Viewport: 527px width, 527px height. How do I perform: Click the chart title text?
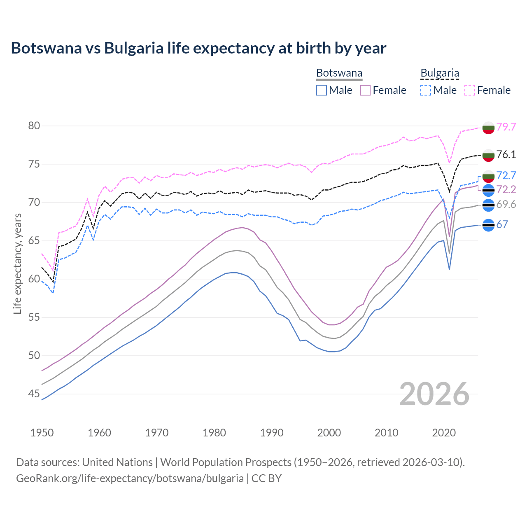click(x=198, y=48)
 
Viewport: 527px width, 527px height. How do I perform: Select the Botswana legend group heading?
click(x=339, y=73)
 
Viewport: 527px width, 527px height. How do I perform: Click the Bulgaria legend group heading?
click(x=440, y=73)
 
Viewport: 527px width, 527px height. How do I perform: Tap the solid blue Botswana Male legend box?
click(x=322, y=90)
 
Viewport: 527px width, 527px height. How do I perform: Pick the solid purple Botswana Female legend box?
click(x=365, y=90)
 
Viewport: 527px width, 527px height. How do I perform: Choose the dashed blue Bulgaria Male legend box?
click(x=426, y=90)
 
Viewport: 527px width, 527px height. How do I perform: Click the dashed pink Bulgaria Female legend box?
click(x=470, y=90)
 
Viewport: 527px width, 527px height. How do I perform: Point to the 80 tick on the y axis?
click(x=34, y=126)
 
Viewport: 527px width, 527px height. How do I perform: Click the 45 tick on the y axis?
click(x=34, y=394)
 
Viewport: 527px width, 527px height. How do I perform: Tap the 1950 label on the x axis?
click(x=42, y=433)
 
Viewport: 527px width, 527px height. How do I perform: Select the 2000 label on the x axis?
click(x=329, y=433)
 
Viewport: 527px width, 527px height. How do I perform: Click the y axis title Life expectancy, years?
click(x=17, y=263)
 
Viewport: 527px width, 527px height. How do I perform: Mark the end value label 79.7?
click(x=506, y=127)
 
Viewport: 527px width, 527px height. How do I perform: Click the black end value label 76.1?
click(x=506, y=154)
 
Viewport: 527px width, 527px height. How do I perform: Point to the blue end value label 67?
click(x=502, y=224)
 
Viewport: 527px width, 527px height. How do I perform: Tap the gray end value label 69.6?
click(x=506, y=205)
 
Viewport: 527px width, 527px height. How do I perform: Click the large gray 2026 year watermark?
click(x=434, y=394)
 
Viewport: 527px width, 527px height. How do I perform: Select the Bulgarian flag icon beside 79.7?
click(x=488, y=128)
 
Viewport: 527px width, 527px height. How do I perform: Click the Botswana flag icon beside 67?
click(x=488, y=225)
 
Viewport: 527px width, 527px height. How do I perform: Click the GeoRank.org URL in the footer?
click(x=130, y=478)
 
